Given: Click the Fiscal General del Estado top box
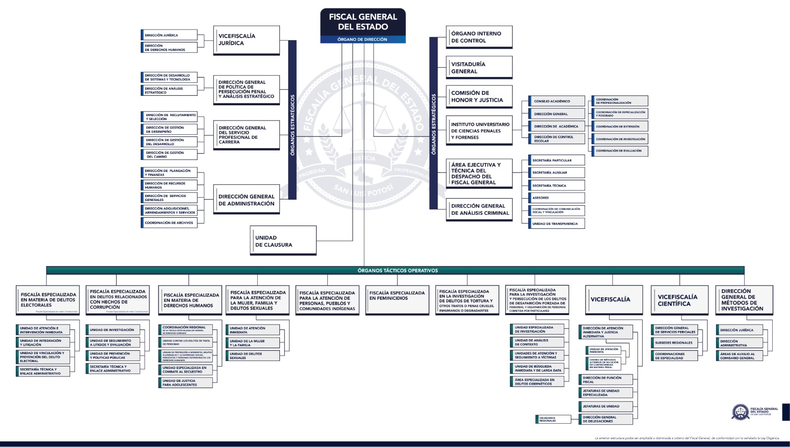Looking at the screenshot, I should coord(363,25).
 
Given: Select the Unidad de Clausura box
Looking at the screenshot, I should coord(283,241).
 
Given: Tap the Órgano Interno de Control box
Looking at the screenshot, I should coord(479,37).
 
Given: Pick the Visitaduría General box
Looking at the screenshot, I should coord(479,67).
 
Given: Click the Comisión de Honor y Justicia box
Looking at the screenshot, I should coord(479,96).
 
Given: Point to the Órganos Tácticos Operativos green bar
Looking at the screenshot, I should coord(395,271).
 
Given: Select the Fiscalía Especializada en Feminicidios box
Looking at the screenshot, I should coord(397,299).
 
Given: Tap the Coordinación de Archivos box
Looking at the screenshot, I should coord(169,223).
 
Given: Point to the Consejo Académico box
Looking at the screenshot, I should coord(556,101).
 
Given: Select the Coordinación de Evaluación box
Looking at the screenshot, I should coord(620,151).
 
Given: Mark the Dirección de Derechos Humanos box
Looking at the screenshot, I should coord(169,47).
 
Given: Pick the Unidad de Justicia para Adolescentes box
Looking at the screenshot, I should coord(186,383).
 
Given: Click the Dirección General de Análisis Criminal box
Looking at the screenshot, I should coord(479,209).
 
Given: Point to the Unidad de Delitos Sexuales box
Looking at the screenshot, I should coord(253,356).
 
